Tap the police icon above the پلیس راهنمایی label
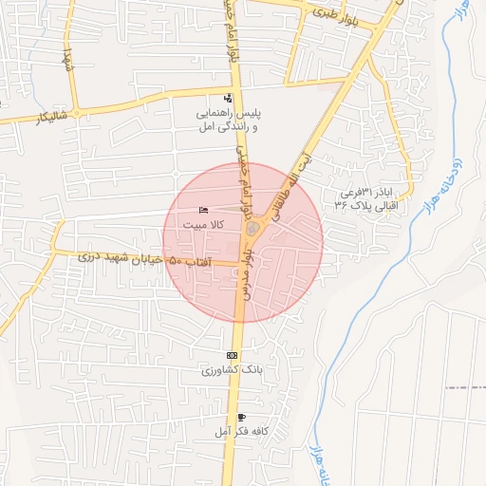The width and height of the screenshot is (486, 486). point(227,99)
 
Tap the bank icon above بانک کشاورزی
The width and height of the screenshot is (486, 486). point(233,355)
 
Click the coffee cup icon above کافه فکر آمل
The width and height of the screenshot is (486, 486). point(241,418)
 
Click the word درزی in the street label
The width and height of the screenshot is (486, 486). point(87,255)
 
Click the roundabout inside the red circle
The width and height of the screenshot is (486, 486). point(252,229)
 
